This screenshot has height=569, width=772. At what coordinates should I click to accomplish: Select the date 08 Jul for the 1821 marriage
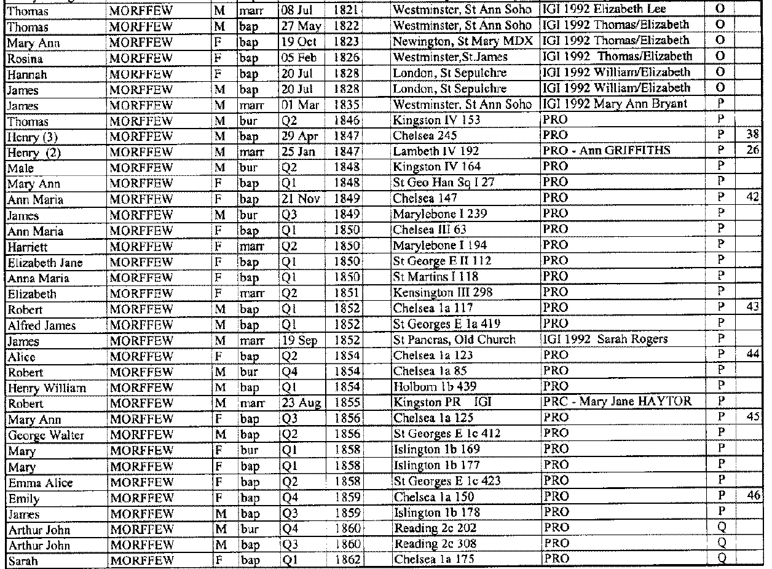point(297,10)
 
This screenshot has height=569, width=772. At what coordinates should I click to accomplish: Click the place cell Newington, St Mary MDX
point(463,41)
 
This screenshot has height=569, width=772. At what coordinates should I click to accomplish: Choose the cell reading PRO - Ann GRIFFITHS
point(596,151)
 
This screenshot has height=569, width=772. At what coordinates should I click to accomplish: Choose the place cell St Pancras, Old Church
point(454,341)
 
